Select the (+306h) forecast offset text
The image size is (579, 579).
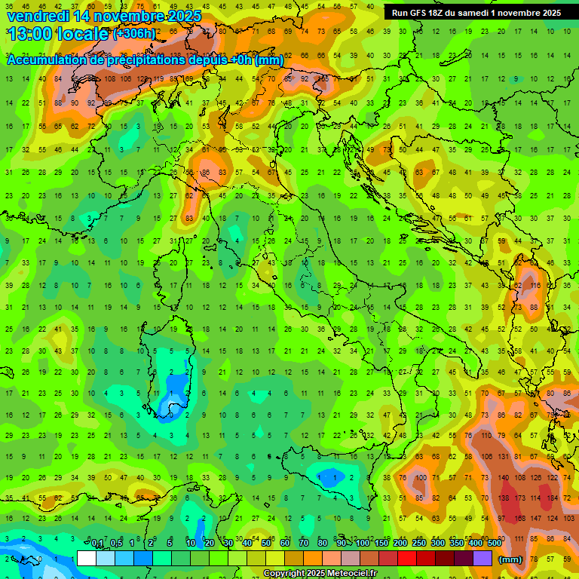click(x=135, y=34)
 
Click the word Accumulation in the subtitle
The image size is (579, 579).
click(x=46, y=60)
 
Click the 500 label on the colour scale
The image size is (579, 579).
click(x=494, y=543)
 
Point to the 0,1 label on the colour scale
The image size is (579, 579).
click(x=97, y=543)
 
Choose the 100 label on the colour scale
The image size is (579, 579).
click(x=362, y=543)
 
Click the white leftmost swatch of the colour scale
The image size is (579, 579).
click(x=87, y=558)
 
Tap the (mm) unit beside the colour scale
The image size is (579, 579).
click(x=510, y=559)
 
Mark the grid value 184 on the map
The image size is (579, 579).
click(x=554, y=498)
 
